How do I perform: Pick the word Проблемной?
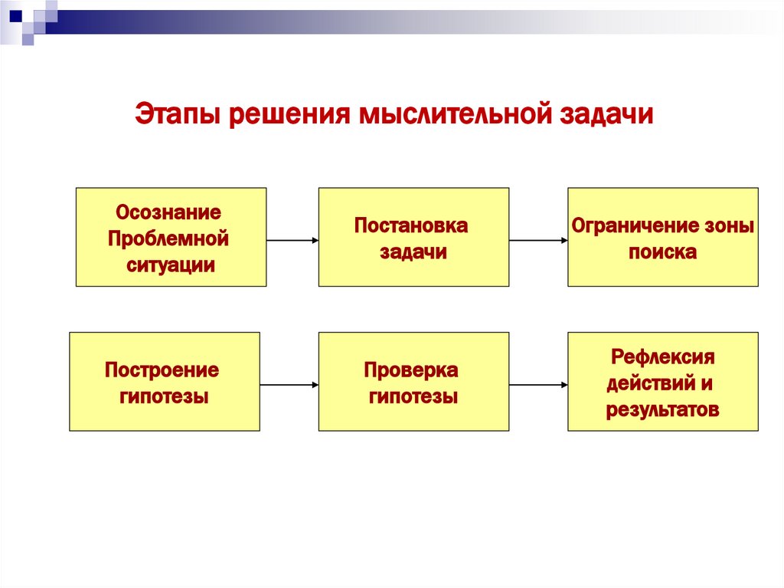168,238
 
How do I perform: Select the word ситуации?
171,265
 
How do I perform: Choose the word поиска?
662,252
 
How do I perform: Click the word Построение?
162,370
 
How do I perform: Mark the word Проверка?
411,370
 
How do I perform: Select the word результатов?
662,410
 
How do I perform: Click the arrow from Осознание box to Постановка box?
292,240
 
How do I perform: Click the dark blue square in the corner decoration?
16,15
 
